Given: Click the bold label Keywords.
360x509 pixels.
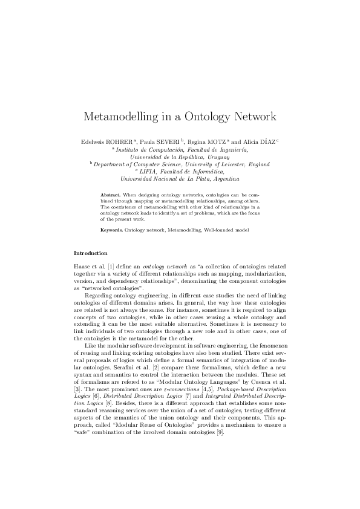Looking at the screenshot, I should coord(112,230).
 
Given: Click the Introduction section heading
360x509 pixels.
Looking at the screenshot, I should coord(91,253).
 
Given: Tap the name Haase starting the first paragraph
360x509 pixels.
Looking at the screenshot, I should coord(82,266).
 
